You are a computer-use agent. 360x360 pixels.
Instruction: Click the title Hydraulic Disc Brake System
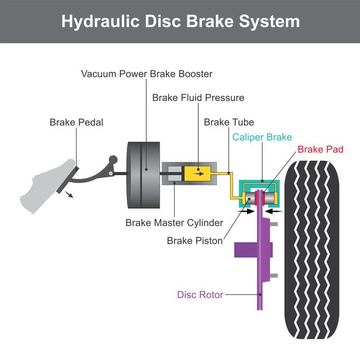pos(180,21)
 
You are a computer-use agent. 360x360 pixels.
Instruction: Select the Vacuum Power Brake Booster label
pos(147,74)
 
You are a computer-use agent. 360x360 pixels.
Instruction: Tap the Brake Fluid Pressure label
pos(198,98)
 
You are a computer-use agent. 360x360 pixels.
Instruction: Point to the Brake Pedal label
pos(76,123)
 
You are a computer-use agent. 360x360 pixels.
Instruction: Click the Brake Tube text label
pos(229,123)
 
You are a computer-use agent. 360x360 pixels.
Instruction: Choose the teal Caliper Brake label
pos(262,137)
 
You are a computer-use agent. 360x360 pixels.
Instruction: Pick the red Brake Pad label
pos(318,149)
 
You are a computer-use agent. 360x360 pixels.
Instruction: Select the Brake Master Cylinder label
pos(174,223)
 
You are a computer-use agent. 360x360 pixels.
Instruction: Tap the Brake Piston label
pos(195,241)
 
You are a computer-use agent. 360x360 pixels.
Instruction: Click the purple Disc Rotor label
pos(200,295)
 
